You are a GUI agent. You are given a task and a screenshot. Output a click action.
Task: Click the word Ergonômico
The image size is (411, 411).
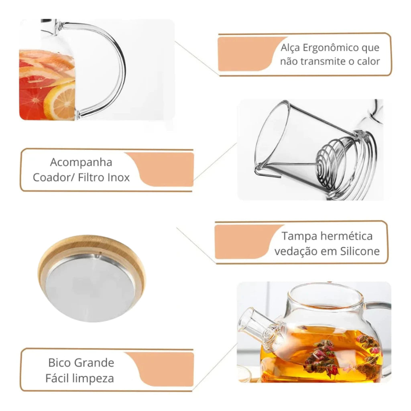pyautogui.click(x=331, y=48)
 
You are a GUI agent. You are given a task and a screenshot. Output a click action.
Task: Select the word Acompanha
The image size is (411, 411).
pyautogui.click(x=81, y=163)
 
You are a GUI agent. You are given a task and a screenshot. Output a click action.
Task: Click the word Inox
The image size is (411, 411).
pyautogui.click(x=119, y=177)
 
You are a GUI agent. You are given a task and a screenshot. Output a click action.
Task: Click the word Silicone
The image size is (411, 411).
pyautogui.click(x=360, y=251)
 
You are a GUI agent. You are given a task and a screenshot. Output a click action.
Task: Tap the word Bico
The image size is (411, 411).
pyautogui.click(x=59, y=363)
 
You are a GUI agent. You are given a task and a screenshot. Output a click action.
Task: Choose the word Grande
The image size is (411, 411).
pyautogui.click(x=94, y=363)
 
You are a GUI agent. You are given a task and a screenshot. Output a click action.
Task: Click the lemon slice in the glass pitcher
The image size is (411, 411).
pyautogui.click(x=60, y=101)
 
